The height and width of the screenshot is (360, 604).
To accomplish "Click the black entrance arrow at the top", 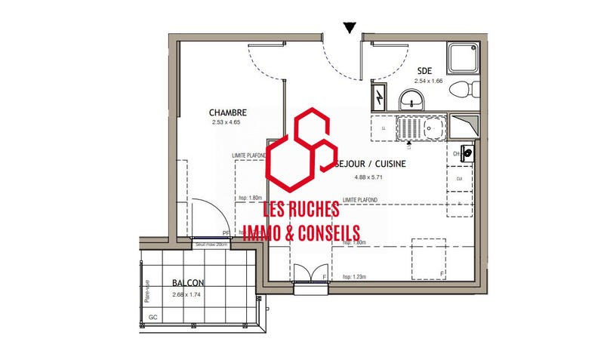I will tap(348, 29).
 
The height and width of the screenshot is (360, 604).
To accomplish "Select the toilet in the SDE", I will tap(463, 90).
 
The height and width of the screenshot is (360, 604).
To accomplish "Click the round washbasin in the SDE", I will tap(411, 98).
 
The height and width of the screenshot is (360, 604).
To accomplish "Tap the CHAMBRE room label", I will tap(228, 112).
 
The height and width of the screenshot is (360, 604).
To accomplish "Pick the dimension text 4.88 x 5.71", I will tap(369, 178).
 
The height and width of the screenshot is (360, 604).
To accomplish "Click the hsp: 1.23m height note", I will tap(354, 276).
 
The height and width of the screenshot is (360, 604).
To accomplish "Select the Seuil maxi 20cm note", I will tap(211, 245).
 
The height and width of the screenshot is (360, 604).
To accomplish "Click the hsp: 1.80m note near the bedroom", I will tap(249, 198).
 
